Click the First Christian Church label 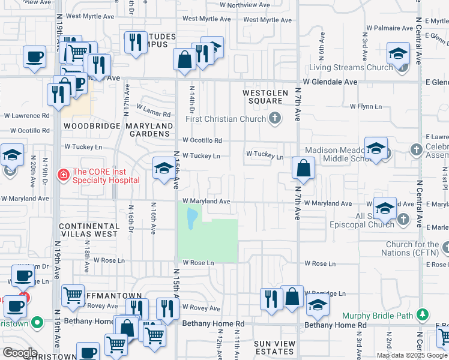(226, 119)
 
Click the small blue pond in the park (191, 219)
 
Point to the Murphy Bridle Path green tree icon (423, 314)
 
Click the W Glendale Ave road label (330, 82)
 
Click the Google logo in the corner (19, 353)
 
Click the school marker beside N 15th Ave (163, 167)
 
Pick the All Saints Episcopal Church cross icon (403, 220)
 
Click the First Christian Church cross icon (275, 118)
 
